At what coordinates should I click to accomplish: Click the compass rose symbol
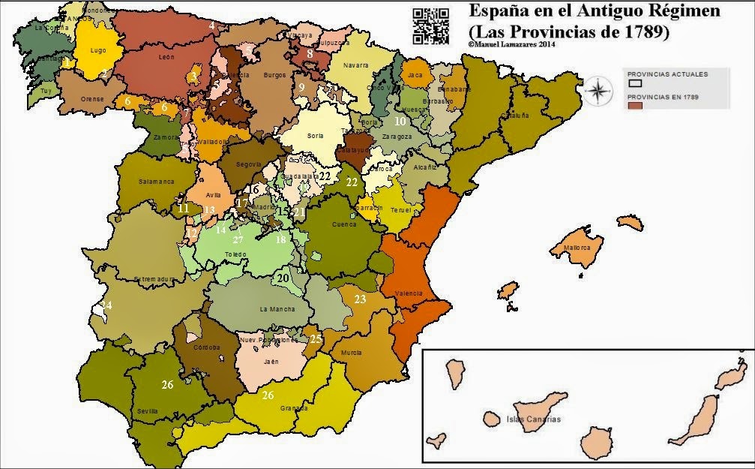click(598, 92)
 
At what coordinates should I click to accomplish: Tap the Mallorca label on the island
click(577, 247)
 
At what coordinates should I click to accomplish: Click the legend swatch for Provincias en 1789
click(634, 107)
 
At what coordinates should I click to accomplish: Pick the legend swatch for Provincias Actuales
click(634, 83)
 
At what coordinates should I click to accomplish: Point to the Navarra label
click(356, 65)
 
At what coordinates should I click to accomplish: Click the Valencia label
click(408, 293)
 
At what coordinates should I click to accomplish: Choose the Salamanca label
click(156, 182)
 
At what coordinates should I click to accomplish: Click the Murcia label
click(350, 352)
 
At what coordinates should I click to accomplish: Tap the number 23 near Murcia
click(360, 299)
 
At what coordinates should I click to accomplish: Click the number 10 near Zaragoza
click(400, 121)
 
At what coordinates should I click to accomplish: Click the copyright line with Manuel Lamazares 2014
click(511, 44)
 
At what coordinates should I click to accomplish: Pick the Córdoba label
click(206, 347)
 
